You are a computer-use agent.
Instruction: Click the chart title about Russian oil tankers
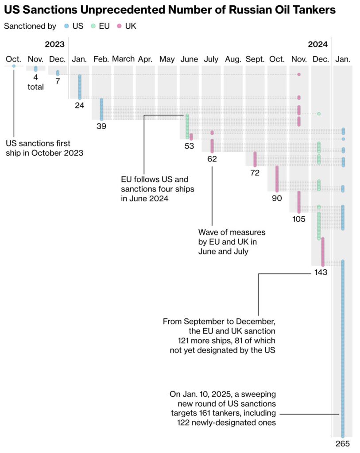point(170,10)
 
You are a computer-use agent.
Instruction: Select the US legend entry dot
point(66,26)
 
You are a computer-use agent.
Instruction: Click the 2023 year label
point(54,44)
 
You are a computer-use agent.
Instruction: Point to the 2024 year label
point(318,44)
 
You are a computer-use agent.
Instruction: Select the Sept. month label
point(255,59)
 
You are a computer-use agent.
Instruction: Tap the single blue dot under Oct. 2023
point(14,66)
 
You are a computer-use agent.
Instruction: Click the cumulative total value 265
point(343,444)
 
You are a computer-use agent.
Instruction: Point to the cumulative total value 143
point(321,272)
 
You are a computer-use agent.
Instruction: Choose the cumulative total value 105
point(299,219)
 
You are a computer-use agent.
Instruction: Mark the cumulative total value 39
point(101,126)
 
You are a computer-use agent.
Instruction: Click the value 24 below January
point(80,105)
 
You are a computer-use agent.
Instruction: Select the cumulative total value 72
point(255,173)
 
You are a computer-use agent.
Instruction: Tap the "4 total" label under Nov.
point(35,83)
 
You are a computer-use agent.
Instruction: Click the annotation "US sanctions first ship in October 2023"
point(44,148)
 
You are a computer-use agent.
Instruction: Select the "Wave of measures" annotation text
point(232,242)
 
